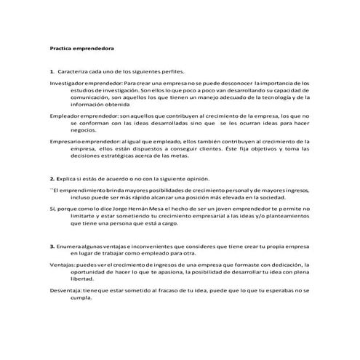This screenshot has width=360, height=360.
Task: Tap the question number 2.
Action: coord(50,178)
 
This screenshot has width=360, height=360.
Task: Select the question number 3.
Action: coord(50,247)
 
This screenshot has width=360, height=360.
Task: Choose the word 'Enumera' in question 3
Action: coord(69,247)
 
